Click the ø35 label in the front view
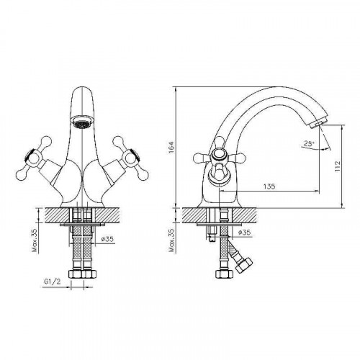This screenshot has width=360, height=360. pyautogui.click(x=107, y=239)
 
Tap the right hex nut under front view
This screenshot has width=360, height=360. pyautogui.click(x=91, y=275)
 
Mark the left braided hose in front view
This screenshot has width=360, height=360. pyautogui.click(x=77, y=245)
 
